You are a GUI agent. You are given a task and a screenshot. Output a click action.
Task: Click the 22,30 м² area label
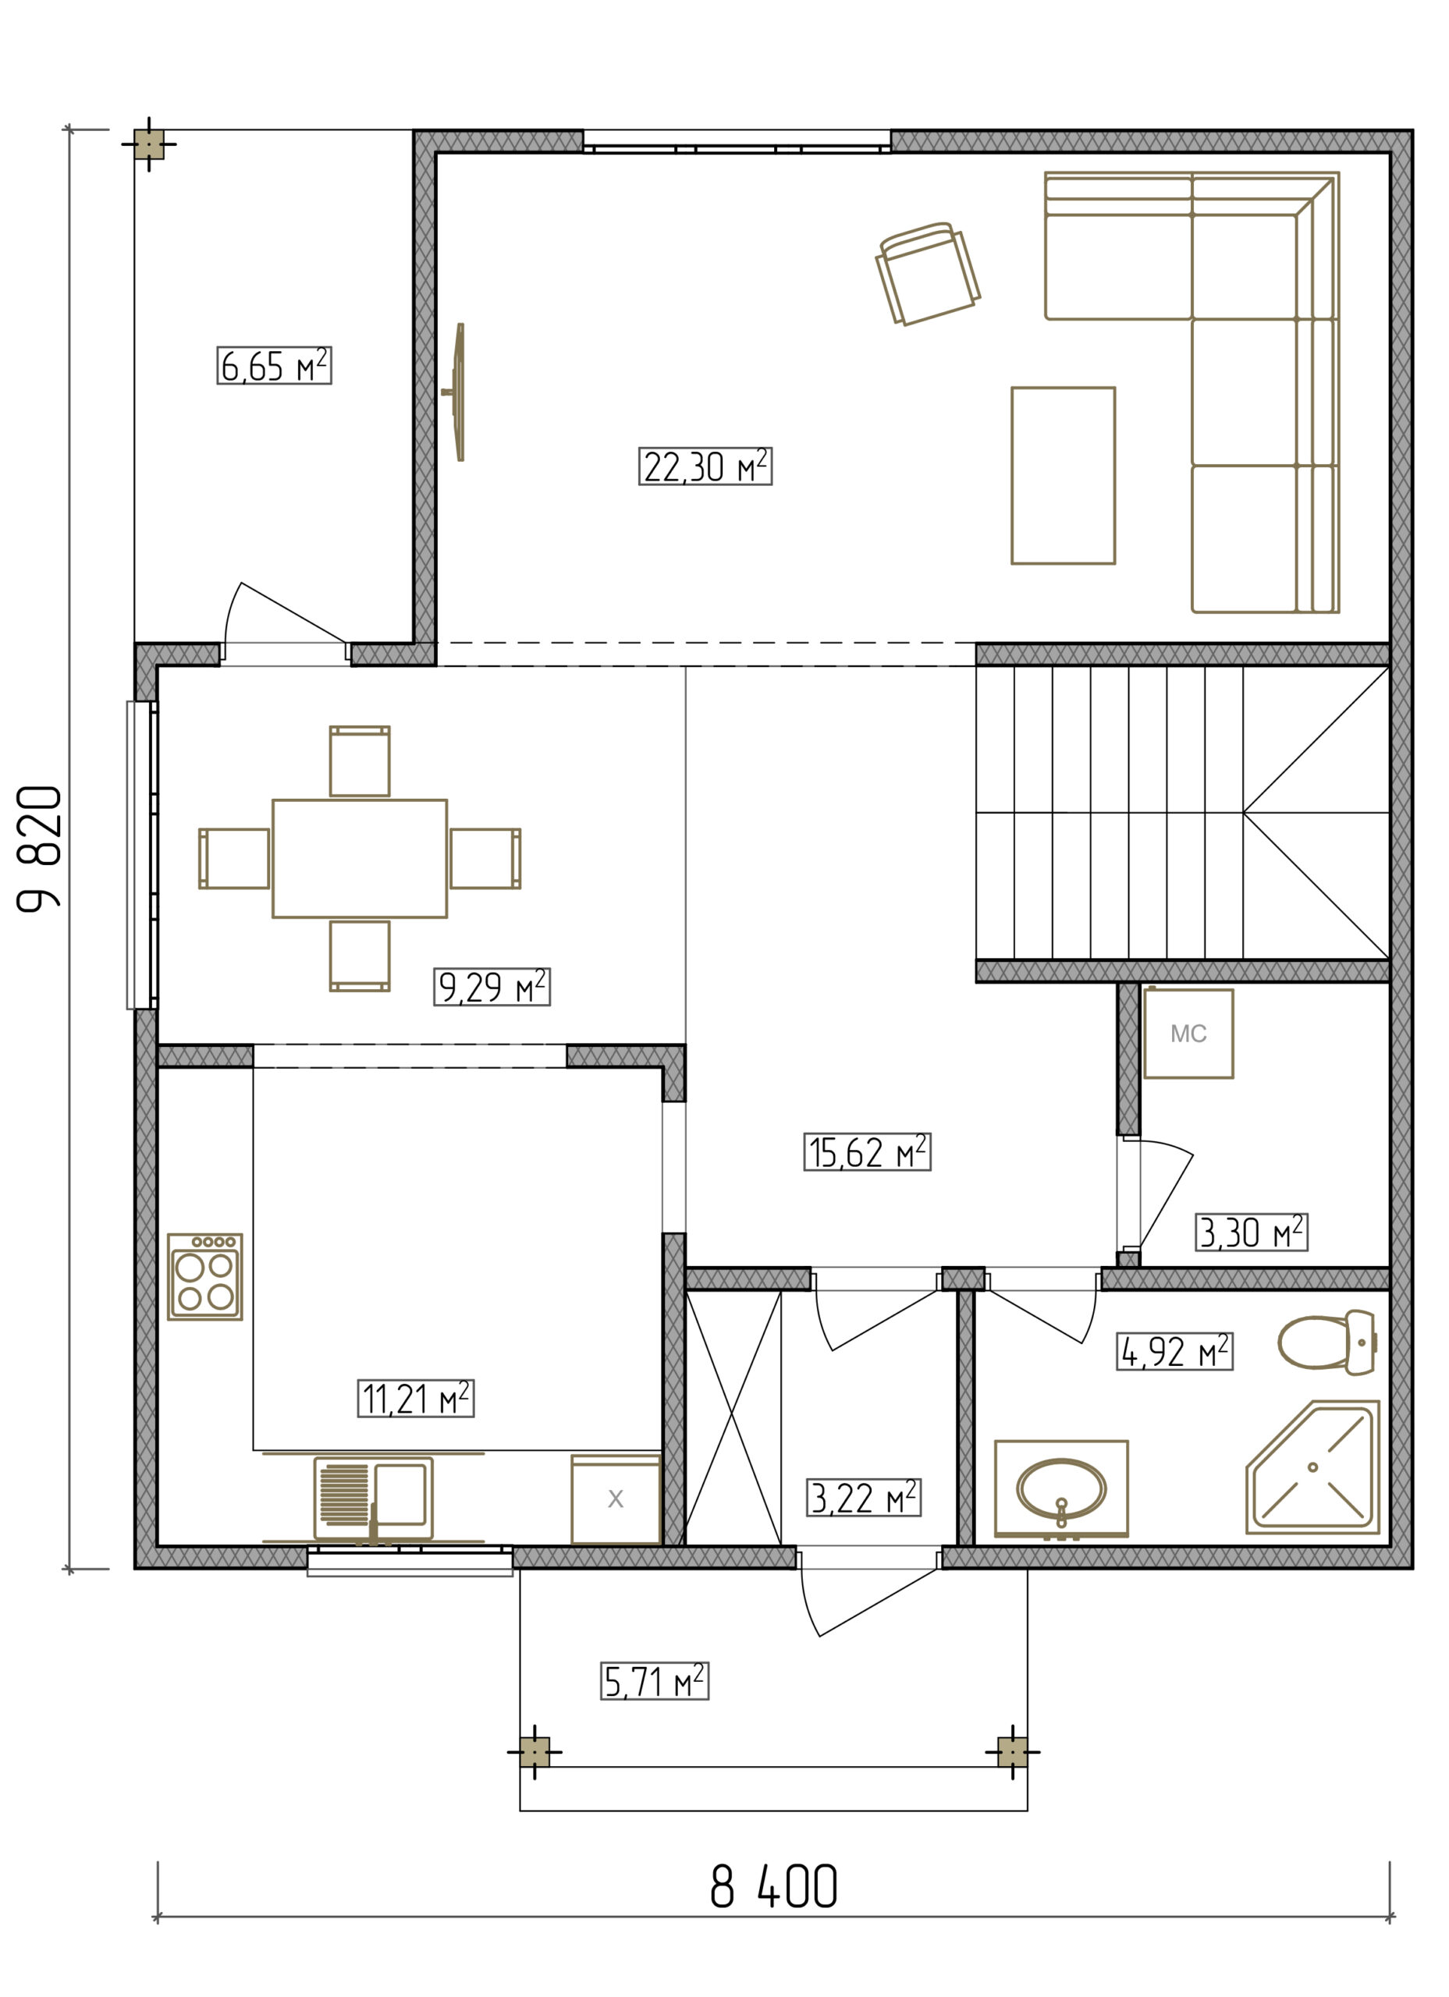click(705, 466)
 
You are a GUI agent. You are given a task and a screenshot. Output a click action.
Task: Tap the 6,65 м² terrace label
click(274, 365)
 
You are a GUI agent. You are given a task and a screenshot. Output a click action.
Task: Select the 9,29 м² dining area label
click(492, 986)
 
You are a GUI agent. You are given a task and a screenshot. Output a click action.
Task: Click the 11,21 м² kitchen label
click(415, 1398)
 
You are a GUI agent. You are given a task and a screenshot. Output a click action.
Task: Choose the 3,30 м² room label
click(1251, 1232)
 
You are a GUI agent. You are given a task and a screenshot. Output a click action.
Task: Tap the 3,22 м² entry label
click(863, 1497)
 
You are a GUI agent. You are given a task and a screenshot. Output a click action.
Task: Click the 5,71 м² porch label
click(655, 1681)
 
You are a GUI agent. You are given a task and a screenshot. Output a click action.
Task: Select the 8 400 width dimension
click(773, 1886)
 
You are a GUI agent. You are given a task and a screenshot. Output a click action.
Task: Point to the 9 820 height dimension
click(40, 848)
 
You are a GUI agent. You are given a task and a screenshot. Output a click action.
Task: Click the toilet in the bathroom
click(1326, 1342)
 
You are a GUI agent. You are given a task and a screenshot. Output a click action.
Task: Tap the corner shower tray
click(1312, 1467)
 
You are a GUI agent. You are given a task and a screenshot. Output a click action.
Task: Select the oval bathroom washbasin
click(1060, 1489)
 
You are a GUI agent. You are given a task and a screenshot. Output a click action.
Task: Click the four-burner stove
click(205, 1276)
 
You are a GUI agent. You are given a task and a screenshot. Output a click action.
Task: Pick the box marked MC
click(1188, 1033)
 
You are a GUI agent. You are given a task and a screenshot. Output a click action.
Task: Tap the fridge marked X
click(616, 1499)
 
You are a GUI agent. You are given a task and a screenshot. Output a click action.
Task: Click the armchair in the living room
click(928, 273)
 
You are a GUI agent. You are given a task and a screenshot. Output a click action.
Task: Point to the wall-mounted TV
click(456, 392)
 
